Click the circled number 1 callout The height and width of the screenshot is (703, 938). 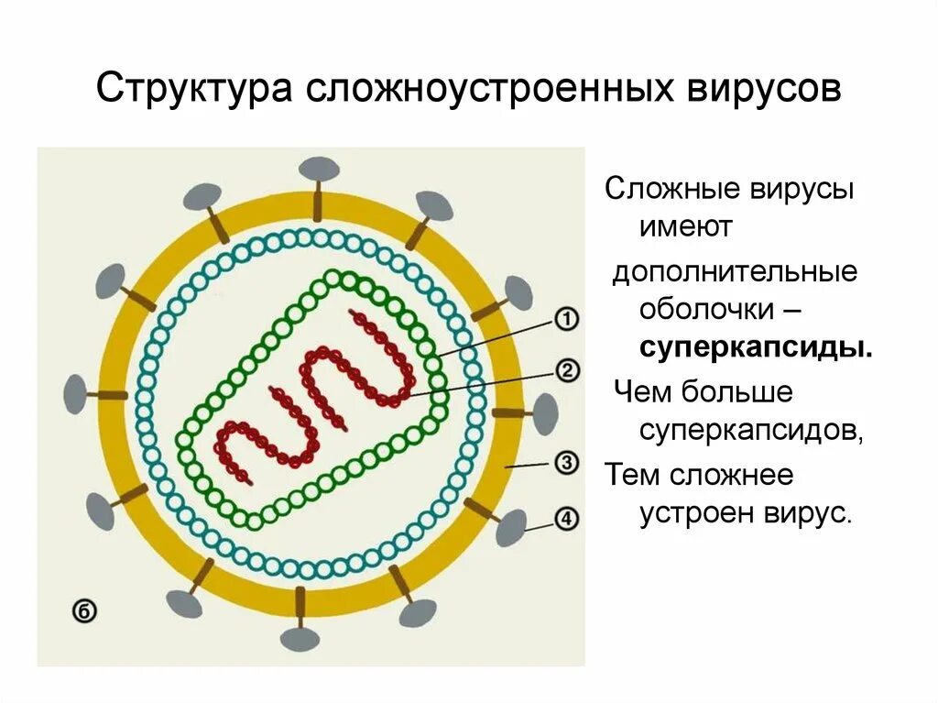(x=567, y=320)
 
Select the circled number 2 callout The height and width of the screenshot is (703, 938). (x=567, y=370)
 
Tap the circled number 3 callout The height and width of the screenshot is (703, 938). (x=567, y=463)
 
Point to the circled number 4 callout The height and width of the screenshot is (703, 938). (x=567, y=519)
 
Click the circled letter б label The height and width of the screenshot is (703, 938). (x=83, y=610)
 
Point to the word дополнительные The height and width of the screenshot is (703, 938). (x=736, y=272)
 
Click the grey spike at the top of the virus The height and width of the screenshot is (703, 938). (x=320, y=170)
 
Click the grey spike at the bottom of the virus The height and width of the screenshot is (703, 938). (x=300, y=639)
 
